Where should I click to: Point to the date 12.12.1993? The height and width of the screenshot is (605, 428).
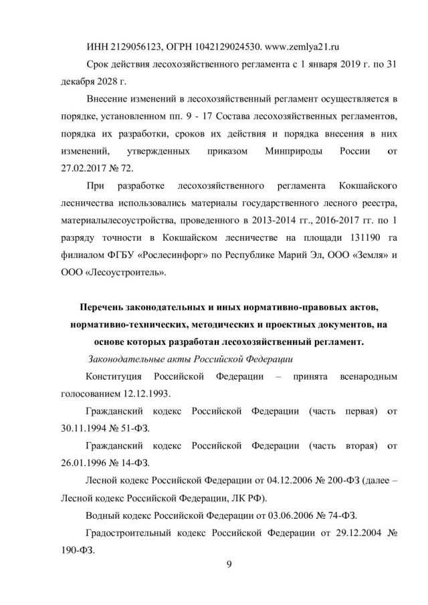[x=146, y=394]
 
